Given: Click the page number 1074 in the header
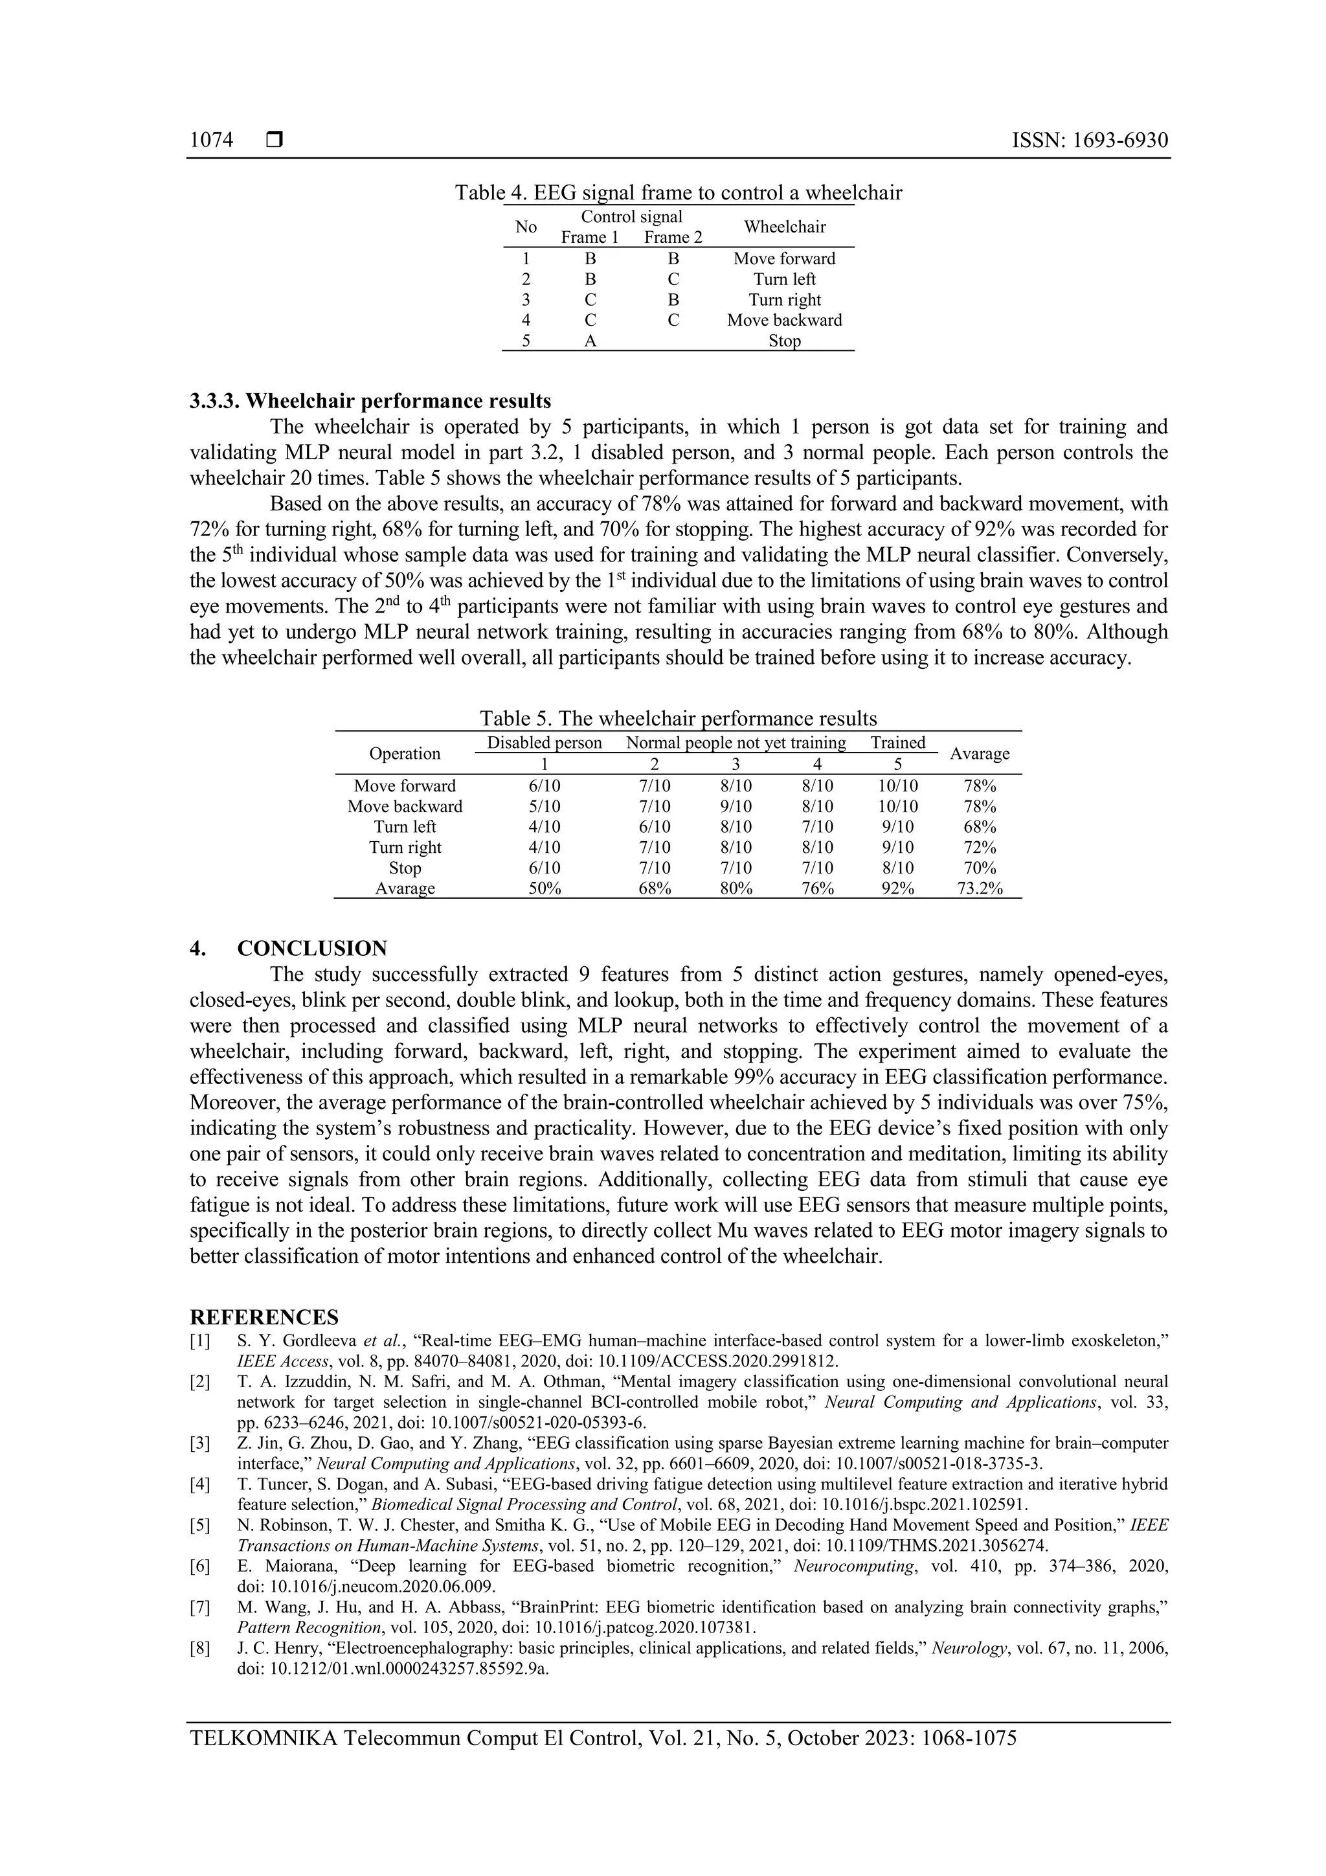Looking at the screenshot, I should tap(211, 141).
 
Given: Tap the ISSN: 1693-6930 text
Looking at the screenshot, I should tap(1089, 141).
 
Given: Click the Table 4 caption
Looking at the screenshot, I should tap(678, 193).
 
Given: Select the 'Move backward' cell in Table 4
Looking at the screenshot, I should tap(783, 321).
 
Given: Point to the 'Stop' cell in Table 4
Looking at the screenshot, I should tap(783, 341).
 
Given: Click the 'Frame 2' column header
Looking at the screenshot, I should tap(673, 238).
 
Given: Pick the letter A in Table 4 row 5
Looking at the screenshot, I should tap(590, 341).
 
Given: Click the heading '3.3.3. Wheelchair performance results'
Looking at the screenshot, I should tap(370, 401).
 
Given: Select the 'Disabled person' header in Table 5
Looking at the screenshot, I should tap(544, 743).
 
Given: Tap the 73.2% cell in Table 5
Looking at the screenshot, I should tap(979, 889).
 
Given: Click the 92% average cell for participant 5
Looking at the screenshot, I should tap(897, 889).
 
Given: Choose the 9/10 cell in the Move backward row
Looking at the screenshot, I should tap(736, 806).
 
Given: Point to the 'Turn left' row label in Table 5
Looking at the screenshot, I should tap(405, 827).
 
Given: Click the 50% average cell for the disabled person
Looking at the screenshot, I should tap(544, 889).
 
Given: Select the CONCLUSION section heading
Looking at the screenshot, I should tap(311, 949).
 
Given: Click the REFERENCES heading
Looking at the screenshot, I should tap(264, 1318).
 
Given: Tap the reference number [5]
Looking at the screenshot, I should tap(200, 1526).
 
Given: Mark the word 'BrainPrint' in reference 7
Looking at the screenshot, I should tap(480, 1607).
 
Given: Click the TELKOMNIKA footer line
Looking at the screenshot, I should tap(603, 1739).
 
